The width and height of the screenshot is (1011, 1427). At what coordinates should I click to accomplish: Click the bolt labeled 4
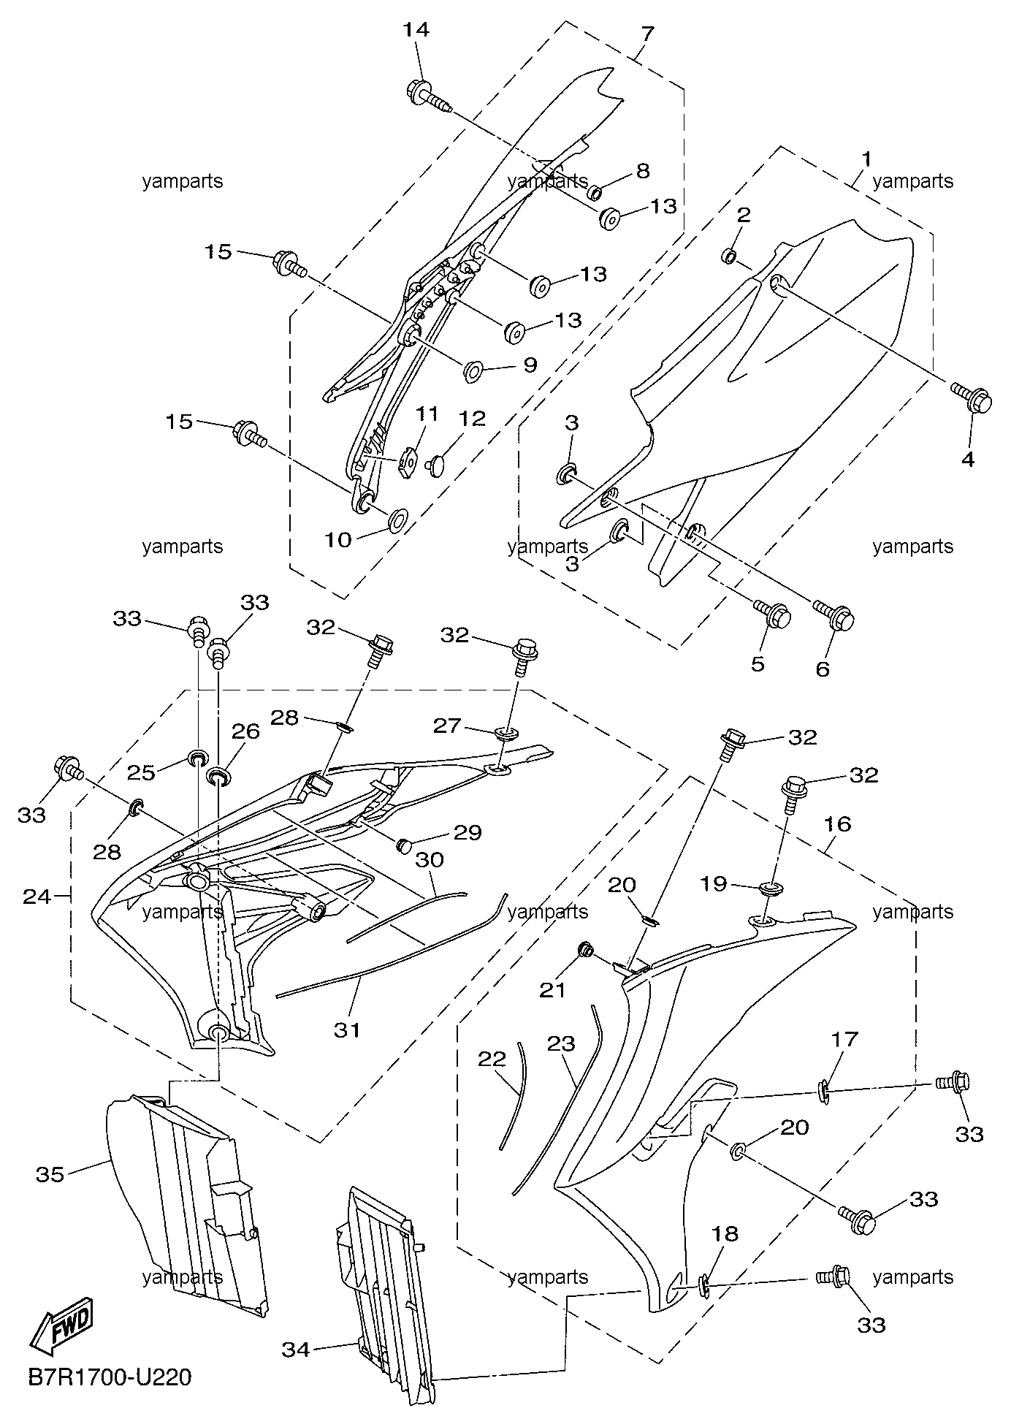(x=974, y=397)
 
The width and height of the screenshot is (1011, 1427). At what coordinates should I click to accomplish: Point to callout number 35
(x=50, y=1174)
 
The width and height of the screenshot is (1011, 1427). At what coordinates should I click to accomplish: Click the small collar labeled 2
(x=729, y=256)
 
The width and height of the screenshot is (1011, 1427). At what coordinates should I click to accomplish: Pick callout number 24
(x=37, y=896)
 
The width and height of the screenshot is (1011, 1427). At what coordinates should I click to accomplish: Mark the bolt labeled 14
(x=427, y=97)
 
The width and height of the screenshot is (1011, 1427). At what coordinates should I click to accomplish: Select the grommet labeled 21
(x=585, y=950)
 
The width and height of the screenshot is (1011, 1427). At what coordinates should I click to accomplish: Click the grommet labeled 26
(x=218, y=775)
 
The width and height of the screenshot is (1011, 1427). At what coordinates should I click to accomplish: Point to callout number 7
(x=648, y=34)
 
